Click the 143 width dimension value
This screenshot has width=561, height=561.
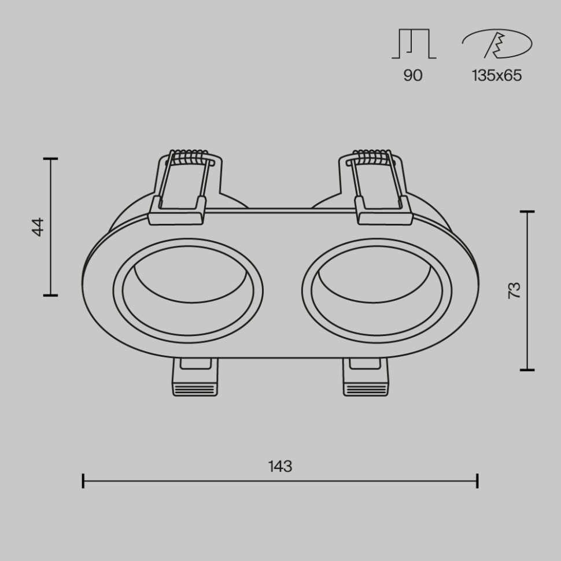(280, 466)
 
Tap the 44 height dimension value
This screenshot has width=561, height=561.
(38, 226)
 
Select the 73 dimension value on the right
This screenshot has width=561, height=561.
(514, 290)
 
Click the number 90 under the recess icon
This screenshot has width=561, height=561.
(413, 75)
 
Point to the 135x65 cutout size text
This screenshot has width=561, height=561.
(496, 75)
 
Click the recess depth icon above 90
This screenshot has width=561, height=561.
(414, 43)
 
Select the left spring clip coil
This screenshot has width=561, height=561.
(188, 156)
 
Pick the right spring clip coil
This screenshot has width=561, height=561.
(371, 156)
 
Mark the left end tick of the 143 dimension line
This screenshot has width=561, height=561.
(83, 481)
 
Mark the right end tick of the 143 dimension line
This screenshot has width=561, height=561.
(477, 481)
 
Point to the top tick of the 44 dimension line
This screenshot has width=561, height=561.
(51, 158)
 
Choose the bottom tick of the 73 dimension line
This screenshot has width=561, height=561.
(527, 369)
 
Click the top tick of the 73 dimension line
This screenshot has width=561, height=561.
(527, 212)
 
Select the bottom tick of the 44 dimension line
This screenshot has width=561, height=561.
(51, 295)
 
